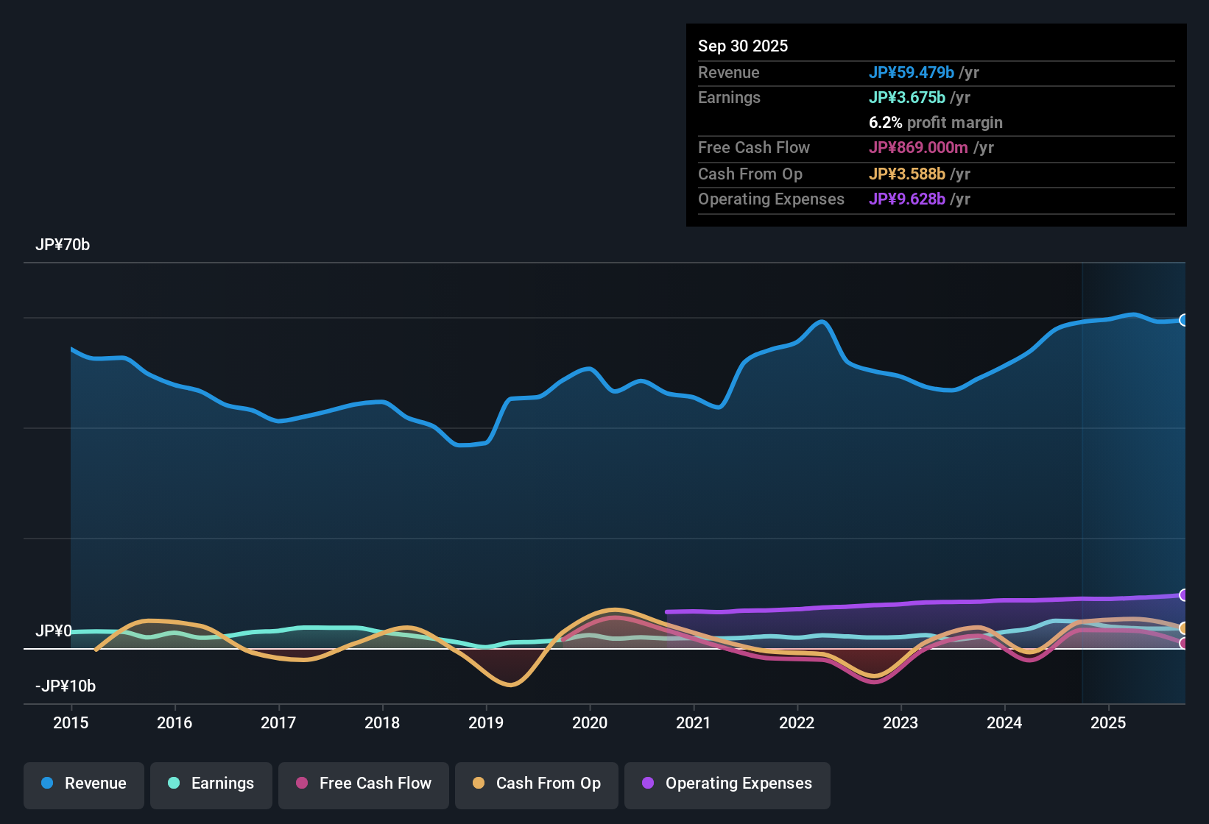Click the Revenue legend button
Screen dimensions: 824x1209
coord(84,784)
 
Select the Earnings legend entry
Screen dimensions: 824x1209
coord(211,784)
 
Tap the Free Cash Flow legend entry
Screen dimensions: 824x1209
coord(364,784)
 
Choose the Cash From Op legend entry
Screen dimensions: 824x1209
coord(537,784)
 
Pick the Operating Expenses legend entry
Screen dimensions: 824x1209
coord(727,784)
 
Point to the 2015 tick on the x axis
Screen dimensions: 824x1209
coord(71,722)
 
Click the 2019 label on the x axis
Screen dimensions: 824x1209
coord(486,722)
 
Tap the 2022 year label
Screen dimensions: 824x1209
coord(797,722)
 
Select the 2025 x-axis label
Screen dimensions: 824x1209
coord(1108,722)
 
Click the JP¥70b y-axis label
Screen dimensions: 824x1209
coord(63,245)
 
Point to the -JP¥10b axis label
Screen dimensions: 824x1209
coord(66,686)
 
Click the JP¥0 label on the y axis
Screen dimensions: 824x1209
coord(54,631)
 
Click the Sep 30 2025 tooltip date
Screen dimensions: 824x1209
coord(743,46)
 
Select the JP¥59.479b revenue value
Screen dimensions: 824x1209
coord(912,73)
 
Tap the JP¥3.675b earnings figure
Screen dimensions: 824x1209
coord(907,98)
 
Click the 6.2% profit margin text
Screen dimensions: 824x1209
coord(936,123)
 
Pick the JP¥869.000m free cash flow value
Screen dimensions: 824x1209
coord(918,148)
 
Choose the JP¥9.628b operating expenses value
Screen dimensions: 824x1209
coord(907,199)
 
